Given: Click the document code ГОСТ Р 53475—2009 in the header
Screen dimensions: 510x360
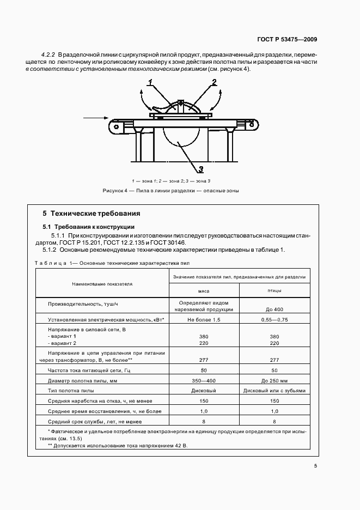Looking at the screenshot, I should [x=288, y=39].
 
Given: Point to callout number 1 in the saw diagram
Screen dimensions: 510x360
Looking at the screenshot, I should [x=149, y=82].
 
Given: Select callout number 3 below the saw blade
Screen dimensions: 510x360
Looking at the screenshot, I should [x=200, y=168].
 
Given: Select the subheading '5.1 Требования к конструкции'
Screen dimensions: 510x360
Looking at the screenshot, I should [x=88, y=227].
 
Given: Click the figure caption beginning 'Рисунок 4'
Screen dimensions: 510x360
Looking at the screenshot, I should [x=170, y=191].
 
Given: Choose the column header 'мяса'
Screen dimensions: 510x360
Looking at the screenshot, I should [x=204, y=291].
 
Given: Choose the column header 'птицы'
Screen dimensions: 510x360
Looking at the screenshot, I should [x=274, y=291].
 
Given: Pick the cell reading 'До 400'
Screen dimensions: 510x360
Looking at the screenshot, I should [x=274, y=309].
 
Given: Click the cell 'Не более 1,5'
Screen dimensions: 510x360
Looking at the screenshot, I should [x=204, y=320].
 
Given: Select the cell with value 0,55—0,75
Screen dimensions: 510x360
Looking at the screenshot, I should [x=274, y=320].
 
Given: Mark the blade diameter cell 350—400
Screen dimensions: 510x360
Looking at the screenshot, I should [x=204, y=380].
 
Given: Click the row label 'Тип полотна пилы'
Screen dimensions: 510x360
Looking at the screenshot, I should [x=71, y=391].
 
